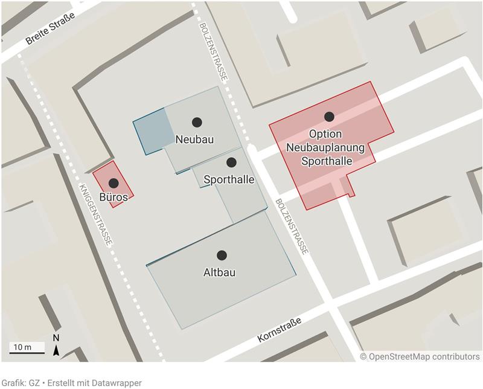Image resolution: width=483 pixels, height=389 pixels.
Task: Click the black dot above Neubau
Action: click(197, 122)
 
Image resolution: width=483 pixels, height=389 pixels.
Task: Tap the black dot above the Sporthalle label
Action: click(231, 162)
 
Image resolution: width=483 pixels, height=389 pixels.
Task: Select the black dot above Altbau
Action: click(222, 256)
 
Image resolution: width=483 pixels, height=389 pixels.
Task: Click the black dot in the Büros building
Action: click(114, 183)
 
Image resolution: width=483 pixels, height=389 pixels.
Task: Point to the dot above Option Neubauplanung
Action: click(329, 117)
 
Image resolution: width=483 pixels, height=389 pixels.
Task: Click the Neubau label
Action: click(195, 140)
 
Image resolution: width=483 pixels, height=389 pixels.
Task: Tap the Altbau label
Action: click(220, 272)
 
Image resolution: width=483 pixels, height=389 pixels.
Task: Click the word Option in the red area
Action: click(325, 134)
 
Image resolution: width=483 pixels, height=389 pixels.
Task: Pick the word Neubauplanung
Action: click(326, 147)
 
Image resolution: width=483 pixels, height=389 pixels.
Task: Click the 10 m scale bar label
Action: click(22, 347)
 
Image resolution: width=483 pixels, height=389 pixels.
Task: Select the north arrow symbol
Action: click(56, 349)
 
